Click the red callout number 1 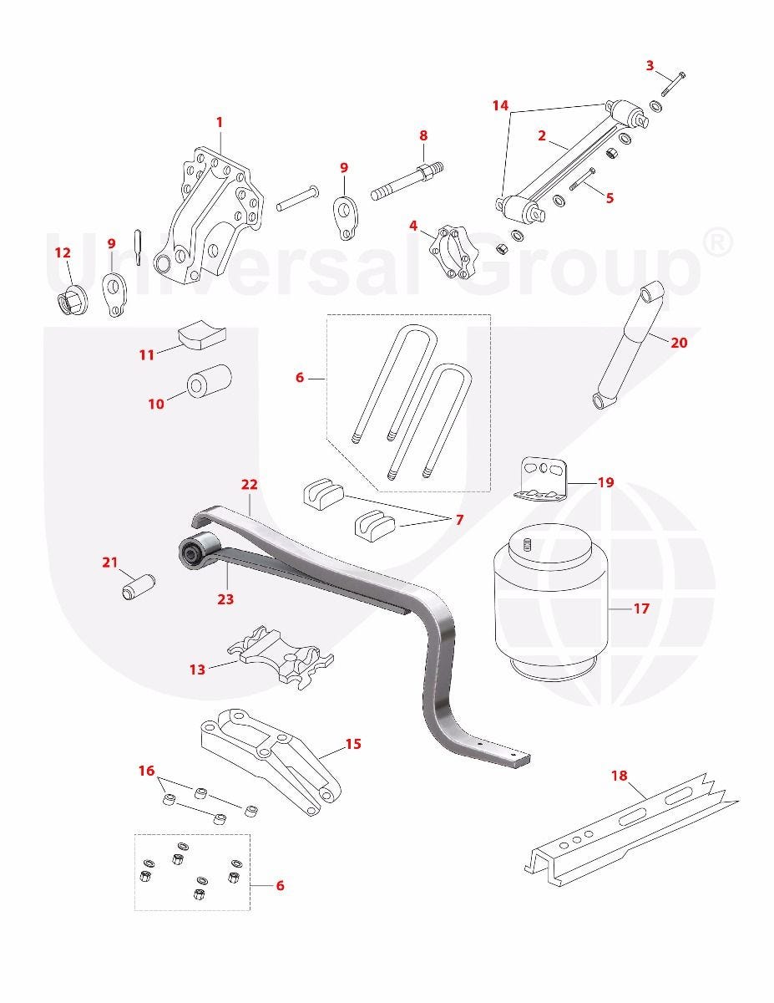(220, 123)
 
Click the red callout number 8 (423, 135)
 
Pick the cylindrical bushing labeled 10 (209, 384)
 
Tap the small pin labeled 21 (139, 587)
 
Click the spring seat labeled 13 (281, 657)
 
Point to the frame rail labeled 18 (631, 830)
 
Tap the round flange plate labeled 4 (453, 252)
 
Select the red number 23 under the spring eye (225, 599)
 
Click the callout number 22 (249, 485)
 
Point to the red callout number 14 (500, 105)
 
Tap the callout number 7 (458, 520)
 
